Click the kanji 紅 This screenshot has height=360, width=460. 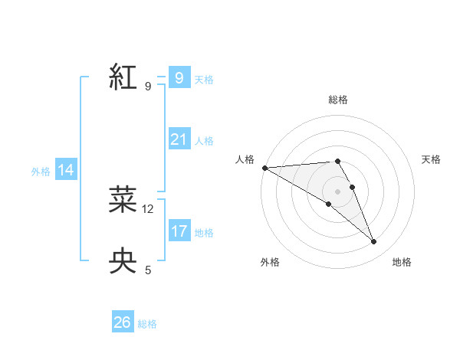[123, 77]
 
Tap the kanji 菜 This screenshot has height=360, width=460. [123, 199]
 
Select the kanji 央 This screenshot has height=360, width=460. [123, 260]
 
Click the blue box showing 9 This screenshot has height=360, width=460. [179, 77]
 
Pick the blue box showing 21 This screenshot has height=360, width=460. [179, 139]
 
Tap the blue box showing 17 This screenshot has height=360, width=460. [179, 231]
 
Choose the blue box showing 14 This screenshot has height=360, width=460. [66, 170]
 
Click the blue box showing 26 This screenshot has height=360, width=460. [122, 322]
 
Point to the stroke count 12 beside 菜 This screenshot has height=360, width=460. [148, 208]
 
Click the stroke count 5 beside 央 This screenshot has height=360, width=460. [148, 270]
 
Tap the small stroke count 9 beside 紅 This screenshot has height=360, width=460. [148, 87]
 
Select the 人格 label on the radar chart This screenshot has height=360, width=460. [245, 159]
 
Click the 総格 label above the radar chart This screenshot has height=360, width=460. [338, 100]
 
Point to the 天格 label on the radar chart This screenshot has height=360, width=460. [431, 159]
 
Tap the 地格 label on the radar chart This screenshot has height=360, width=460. [402, 263]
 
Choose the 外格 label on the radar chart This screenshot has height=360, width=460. [270, 263]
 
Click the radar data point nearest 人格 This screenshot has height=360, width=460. [264, 167]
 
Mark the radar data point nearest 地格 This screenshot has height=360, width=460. [374, 242]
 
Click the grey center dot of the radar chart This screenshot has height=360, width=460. [337, 191]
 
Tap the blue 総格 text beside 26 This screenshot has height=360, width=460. [147, 324]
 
